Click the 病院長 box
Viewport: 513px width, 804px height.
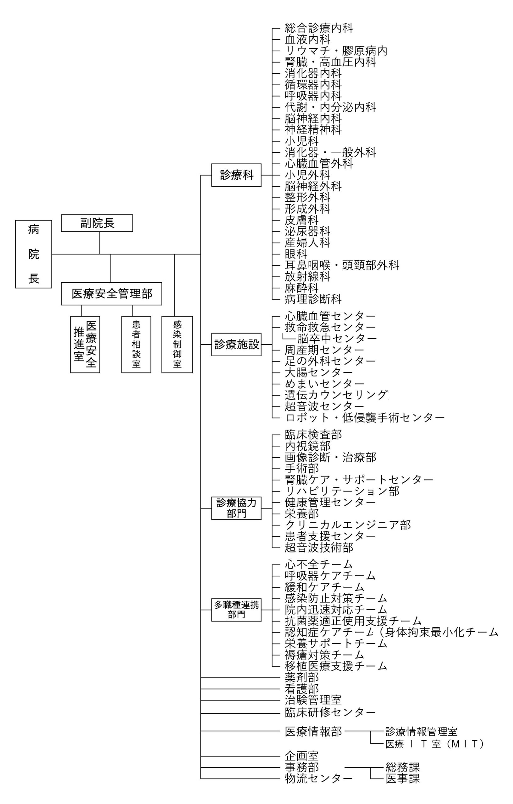[x=33, y=254]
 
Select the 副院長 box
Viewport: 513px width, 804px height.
[x=97, y=223]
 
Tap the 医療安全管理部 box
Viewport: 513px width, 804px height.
[x=111, y=293]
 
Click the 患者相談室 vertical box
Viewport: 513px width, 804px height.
[x=136, y=344]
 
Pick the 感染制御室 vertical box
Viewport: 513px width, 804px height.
[x=177, y=344]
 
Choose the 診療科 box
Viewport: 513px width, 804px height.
[x=236, y=175]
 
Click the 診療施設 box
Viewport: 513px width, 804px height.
[x=236, y=344]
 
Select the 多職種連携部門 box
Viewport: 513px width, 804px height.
[x=236, y=610]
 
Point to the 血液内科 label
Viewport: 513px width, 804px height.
[x=307, y=39]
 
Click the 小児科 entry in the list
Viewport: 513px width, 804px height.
[x=302, y=141]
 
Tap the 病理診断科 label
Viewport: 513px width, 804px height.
[x=313, y=299]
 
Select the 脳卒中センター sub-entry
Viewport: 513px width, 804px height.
[x=337, y=339]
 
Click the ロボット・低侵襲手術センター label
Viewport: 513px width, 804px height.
[x=365, y=417]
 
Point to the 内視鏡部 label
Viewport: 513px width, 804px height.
[x=307, y=446]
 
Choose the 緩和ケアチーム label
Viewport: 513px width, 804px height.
[x=324, y=587]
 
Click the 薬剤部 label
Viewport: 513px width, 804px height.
[x=302, y=677]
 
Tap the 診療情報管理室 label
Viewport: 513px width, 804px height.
[x=422, y=731]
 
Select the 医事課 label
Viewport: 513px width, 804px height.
[x=403, y=779]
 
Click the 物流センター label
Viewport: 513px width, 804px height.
[x=319, y=779]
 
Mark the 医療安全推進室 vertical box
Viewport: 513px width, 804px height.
[x=85, y=344]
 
